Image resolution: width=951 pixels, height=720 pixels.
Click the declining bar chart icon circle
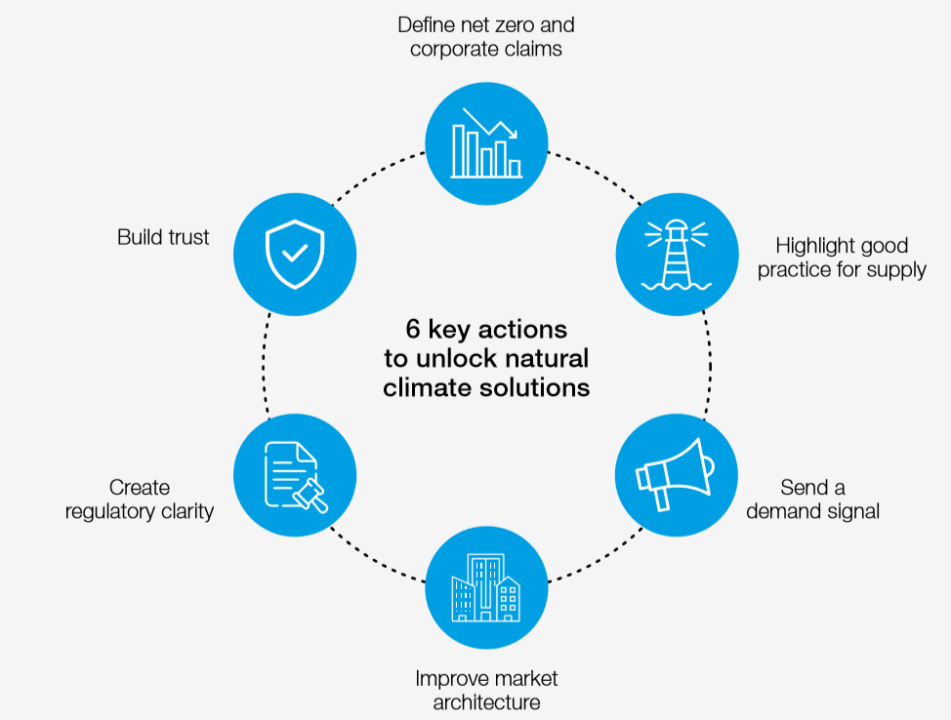pos(486,143)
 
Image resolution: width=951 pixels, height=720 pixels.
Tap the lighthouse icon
pos(677,253)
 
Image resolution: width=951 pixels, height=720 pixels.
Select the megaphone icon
pos(676,474)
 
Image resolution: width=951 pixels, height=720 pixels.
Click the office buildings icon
pos(486,587)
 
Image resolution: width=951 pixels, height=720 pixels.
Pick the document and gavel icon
pos(295,475)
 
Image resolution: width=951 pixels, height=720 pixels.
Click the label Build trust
pos(163,237)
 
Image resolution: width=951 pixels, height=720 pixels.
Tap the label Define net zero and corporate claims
pos(485,37)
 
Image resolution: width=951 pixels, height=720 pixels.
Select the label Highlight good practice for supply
pos(842,258)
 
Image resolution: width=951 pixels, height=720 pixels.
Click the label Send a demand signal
pos(812,499)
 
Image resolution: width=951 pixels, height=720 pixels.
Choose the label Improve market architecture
pos(486,690)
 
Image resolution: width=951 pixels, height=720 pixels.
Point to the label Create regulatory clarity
pos(140,499)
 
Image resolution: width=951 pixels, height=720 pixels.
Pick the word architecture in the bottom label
pos(486,702)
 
